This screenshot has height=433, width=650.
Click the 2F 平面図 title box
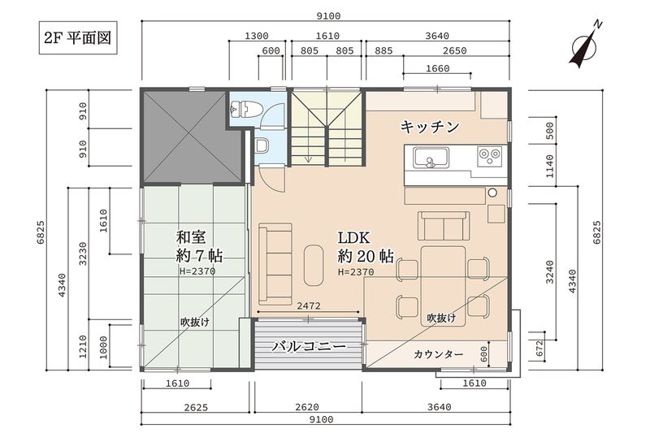[78, 37]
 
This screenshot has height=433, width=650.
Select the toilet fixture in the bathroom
[246, 109]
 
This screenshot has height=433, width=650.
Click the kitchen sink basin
[431, 158]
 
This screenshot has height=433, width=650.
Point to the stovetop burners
[489, 156]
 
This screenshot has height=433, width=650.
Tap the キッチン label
[430, 127]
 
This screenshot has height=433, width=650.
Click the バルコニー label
[309, 346]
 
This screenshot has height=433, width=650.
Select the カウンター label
[438, 354]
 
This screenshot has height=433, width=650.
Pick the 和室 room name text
[191, 237]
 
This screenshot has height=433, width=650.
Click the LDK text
[353, 237]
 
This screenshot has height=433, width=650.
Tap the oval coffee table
[314, 265]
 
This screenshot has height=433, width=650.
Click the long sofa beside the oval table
[275, 264]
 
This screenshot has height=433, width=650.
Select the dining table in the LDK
[443, 286]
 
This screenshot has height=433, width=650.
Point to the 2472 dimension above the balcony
[309, 305]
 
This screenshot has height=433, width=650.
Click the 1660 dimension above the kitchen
[437, 68]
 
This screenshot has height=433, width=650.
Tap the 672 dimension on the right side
[539, 349]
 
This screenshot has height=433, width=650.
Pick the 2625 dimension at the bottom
[196, 407]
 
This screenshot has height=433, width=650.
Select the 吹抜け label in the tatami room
[195, 322]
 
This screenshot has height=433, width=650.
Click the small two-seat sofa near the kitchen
[444, 226]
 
